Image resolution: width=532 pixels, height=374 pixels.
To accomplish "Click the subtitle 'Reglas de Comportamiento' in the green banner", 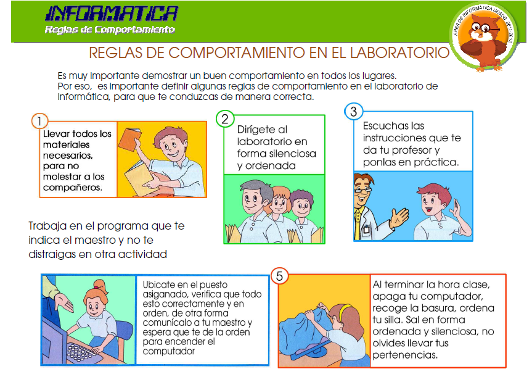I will pyautogui.click(x=110, y=30).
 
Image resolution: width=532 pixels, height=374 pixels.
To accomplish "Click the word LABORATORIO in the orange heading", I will pyautogui.click(x=394, y=52).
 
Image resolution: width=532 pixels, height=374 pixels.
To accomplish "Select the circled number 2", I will pyautogui.click(x=226, y=118).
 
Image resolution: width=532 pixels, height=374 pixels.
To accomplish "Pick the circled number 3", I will pyautogui.click(x=353, y=112).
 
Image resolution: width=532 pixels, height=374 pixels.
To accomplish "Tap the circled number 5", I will pyautogui.click(x=279, y=276).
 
